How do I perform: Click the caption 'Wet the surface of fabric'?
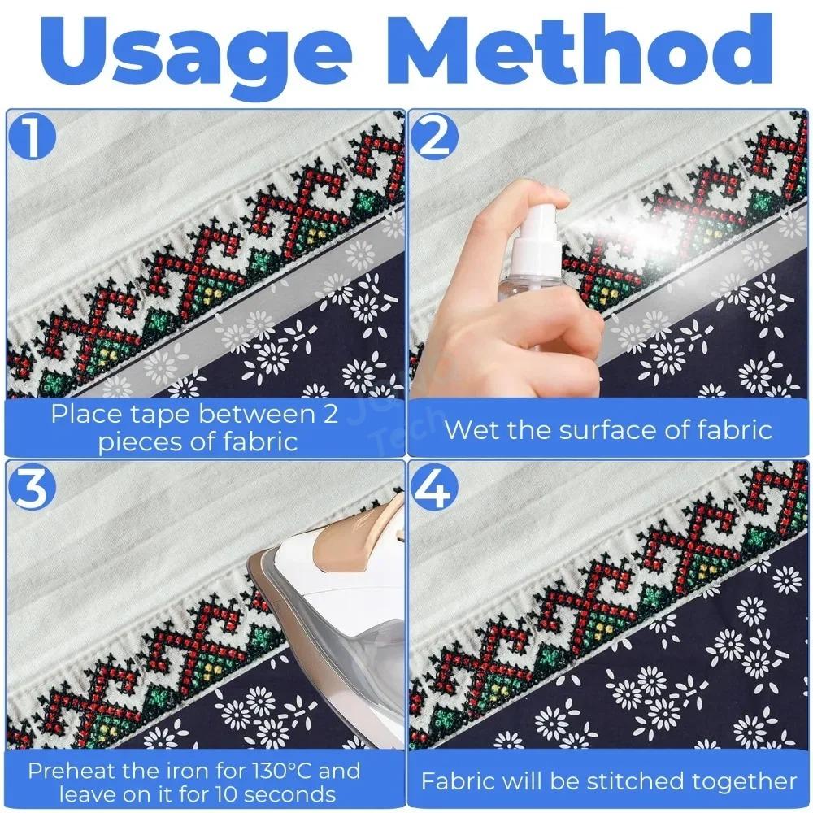pos(608,428)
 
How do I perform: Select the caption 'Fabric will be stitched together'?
pos(609,781)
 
